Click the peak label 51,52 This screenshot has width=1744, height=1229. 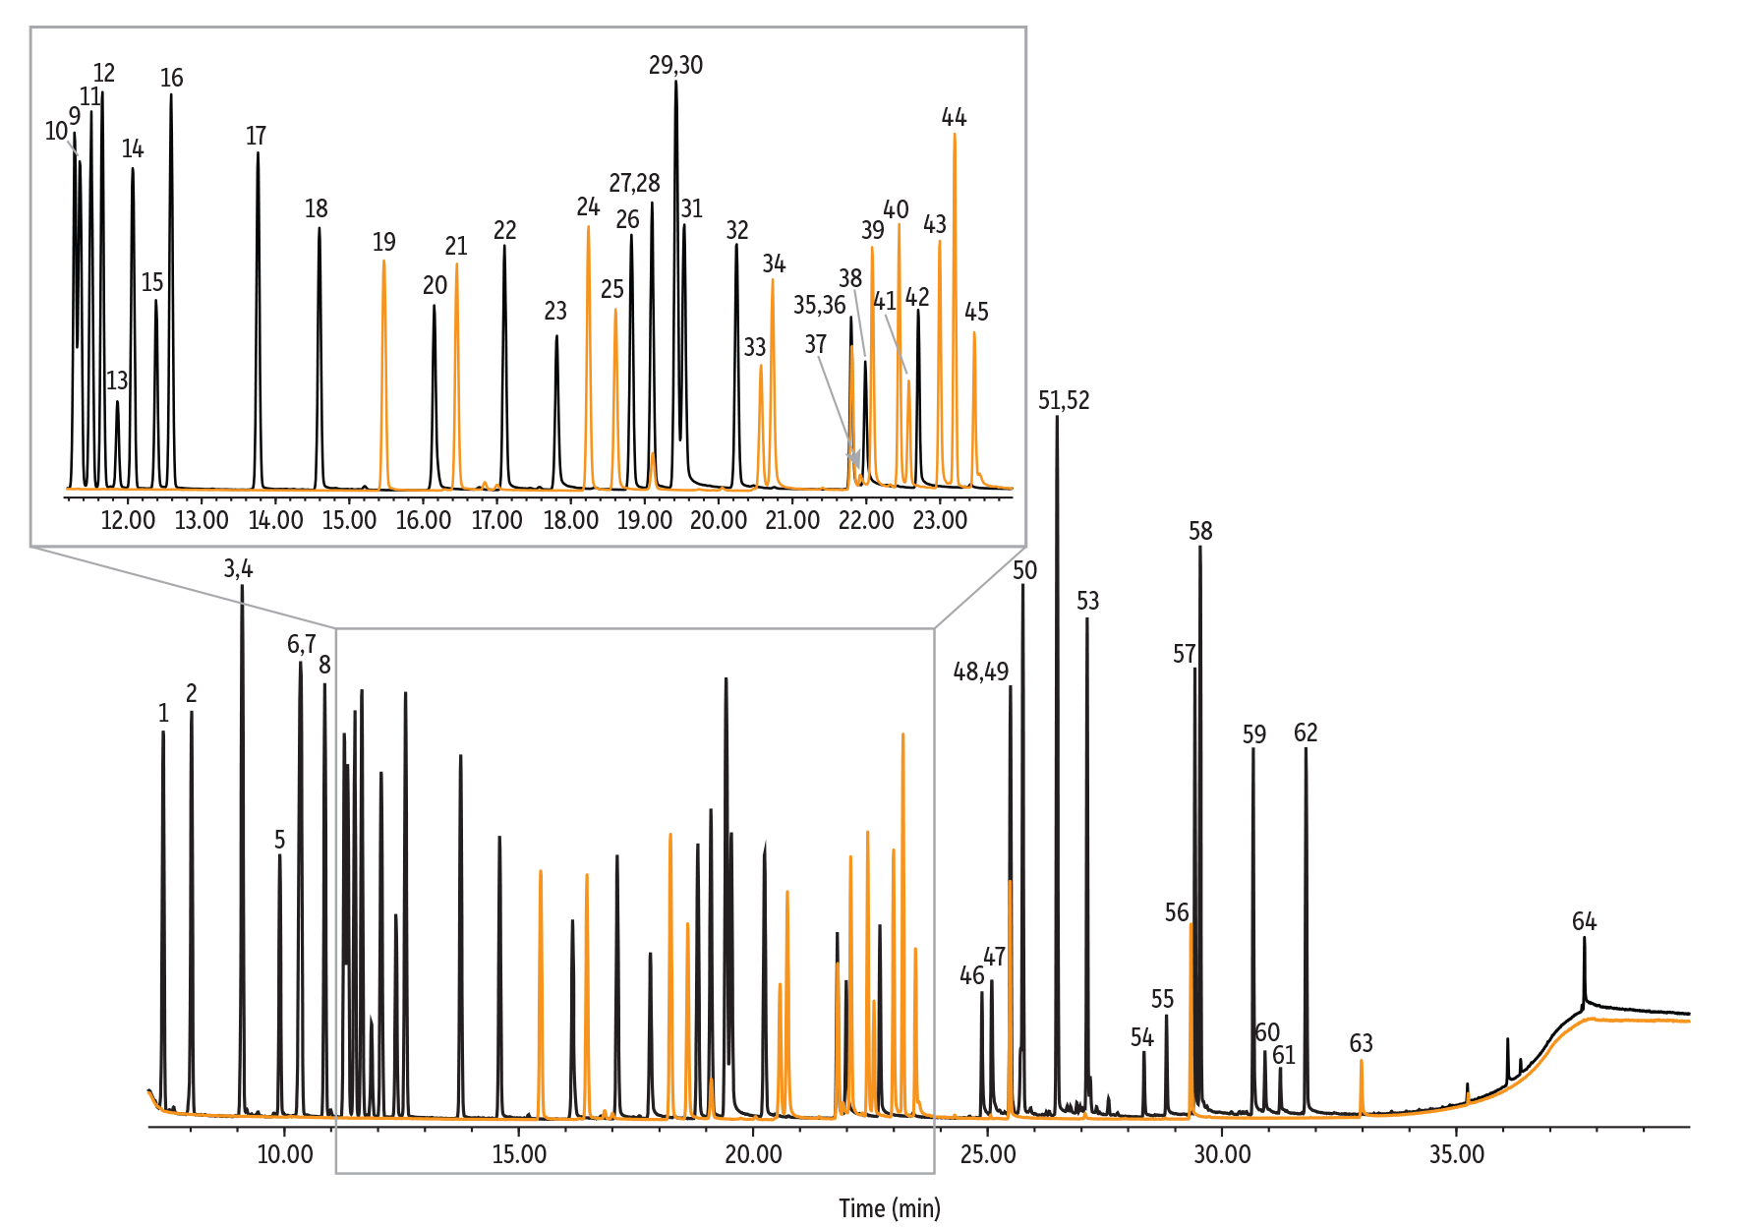pyautogui.click(x=1064, y=400)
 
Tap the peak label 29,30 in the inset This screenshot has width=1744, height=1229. pyautogui.click(x=675, y=66)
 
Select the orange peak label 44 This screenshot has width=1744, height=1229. pyautogui.click(x=954, y=118)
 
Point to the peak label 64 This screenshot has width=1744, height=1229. pyautogui.click(x=1584, y=921)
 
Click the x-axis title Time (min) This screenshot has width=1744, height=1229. pyautogui.click(x=889, y=1207)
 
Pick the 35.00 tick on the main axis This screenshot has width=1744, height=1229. pyautogui.click(x=1456, y=1154)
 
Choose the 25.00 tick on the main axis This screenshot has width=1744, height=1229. pyautogui.click(x=987, y=1154)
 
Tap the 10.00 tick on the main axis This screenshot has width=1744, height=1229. pyautogui.click(x=284, y=1154)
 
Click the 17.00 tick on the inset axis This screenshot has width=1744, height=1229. pyautogui.click(x=496, y=520)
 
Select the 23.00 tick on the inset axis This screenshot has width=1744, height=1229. pyautogui.click(x=939, y=520)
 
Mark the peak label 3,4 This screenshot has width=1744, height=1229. pyautogui.click(x=238, y=568)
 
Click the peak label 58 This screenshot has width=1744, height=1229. pyautogui.click(x=1200, y=531)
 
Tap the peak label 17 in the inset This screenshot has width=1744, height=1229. pyautogui.click(x=256, y=136)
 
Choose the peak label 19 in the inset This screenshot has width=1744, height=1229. pyautogui.click(x=383, y=242)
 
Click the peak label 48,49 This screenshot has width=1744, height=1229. pyautogui.click(x=980, y=672)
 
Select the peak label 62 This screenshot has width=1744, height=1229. pyautogui.click(x=1306, y=732)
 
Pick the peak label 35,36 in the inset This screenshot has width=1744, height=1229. pyautogui.click(x=819, y=306)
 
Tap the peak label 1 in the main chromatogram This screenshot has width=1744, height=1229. pyautogui.click(x=163, y=714)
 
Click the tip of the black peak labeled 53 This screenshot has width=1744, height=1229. pyautogui.click(x=1086, y=619)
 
